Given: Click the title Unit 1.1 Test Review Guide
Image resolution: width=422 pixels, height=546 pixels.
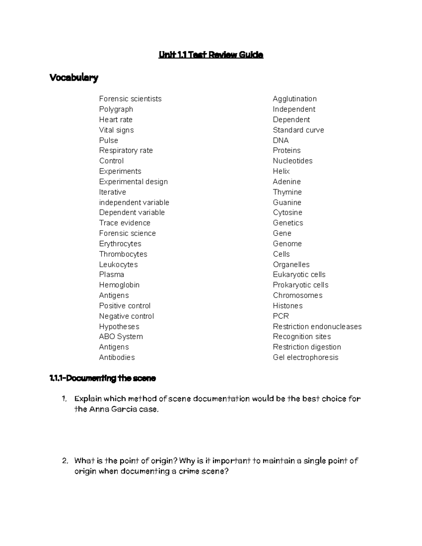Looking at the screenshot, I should coord(211,54).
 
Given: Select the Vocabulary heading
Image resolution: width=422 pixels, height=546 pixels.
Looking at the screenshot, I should coord(74,77).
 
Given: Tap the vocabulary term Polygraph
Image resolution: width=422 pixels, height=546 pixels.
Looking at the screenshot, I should coord(116,109).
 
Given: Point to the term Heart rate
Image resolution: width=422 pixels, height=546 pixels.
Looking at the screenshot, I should coord(116,120).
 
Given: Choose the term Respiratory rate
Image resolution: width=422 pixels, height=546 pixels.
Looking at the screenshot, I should coord(126,150).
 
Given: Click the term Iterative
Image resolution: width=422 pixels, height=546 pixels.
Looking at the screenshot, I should coord(113,192).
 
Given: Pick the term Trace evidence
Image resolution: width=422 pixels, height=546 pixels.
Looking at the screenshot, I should coord(124,223).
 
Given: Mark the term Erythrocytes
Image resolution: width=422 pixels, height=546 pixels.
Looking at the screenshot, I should coord(120,244).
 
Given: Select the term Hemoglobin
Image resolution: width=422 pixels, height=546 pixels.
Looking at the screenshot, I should coord(119,285).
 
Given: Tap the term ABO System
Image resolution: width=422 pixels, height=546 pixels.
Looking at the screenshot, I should coord(121,336).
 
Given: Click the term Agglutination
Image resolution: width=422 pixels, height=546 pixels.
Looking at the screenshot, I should coord(295,99).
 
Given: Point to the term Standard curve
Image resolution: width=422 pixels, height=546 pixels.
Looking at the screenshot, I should coord(298,130).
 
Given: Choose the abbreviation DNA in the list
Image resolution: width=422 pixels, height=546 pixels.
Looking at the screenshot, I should coord(281,140).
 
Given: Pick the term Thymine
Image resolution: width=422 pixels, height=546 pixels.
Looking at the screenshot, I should coord(287,192).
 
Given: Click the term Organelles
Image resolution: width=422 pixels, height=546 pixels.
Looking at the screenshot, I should coord(291,264).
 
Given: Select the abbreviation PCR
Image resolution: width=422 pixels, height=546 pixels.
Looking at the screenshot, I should coord(281,316).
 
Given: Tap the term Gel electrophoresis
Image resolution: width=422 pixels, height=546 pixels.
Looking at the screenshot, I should coord(305,357).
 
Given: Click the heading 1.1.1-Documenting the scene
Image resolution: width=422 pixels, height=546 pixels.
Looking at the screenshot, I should coord(103,378).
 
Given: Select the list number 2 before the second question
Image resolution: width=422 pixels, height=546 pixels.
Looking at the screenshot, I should coord(64,461).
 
